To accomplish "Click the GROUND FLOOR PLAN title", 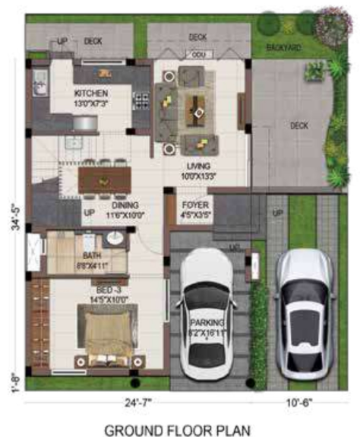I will [179, 429].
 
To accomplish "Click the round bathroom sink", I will [114, 240].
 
